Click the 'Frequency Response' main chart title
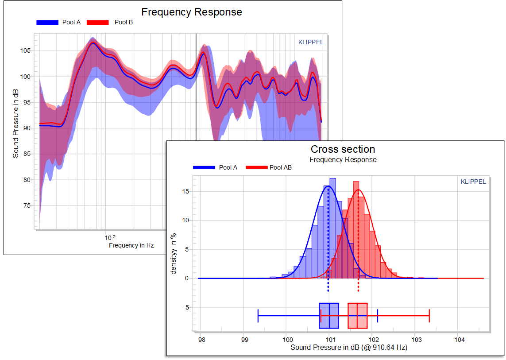click(191, 12)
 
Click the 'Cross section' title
click(343, 149)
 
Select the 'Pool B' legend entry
click(124, 22)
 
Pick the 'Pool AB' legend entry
click(280, 167)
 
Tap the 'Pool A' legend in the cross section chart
click(228, 167)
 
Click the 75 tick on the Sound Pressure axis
click(26, 205)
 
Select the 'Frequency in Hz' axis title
click(131, 245)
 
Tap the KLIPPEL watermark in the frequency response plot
click(311, 43)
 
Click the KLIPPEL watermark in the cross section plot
click(473, 182)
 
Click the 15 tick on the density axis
click(186, 191)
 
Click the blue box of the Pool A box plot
click(328, 316)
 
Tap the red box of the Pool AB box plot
click(358, 316)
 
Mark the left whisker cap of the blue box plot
click(258, 316)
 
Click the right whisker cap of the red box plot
click(429, 316)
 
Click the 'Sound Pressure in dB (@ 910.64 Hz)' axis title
click(349, 348)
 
